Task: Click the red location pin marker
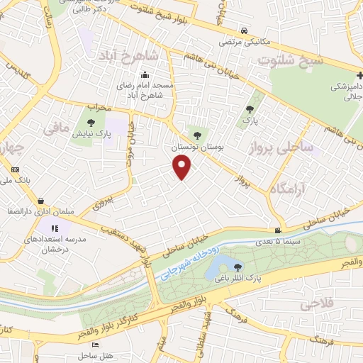coord(182,167)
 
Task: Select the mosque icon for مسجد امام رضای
coord(145,75)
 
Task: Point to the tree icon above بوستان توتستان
coord(197,135)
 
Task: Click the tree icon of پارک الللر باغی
coord(238,266)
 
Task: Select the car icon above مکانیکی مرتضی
coord(243,30)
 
